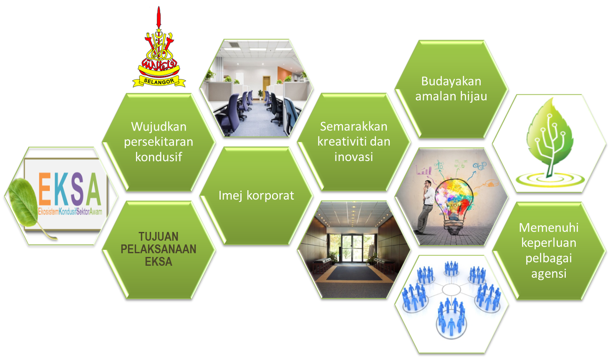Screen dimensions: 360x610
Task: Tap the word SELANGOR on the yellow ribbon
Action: click(x=159, y=81)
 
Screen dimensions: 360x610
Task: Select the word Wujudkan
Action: click(x=159, y=126)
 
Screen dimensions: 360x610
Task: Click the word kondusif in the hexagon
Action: click(x=159, y=157)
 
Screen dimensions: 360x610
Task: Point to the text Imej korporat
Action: click(x=256, y=195)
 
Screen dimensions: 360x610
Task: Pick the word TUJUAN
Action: click(x=159, y=237)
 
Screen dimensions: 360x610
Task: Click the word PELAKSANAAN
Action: click(x=159, y=249)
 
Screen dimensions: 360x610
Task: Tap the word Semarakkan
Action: click(x=353, y=126)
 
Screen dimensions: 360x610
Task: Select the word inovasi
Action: click(x=353, y=157)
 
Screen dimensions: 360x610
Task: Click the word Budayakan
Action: click(x=451, y=81)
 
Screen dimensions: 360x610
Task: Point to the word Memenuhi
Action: click(x=549, y=227)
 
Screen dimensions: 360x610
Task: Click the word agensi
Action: click(x=549, y=274)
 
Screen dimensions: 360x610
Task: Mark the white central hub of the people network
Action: click(x=451, y=290)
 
